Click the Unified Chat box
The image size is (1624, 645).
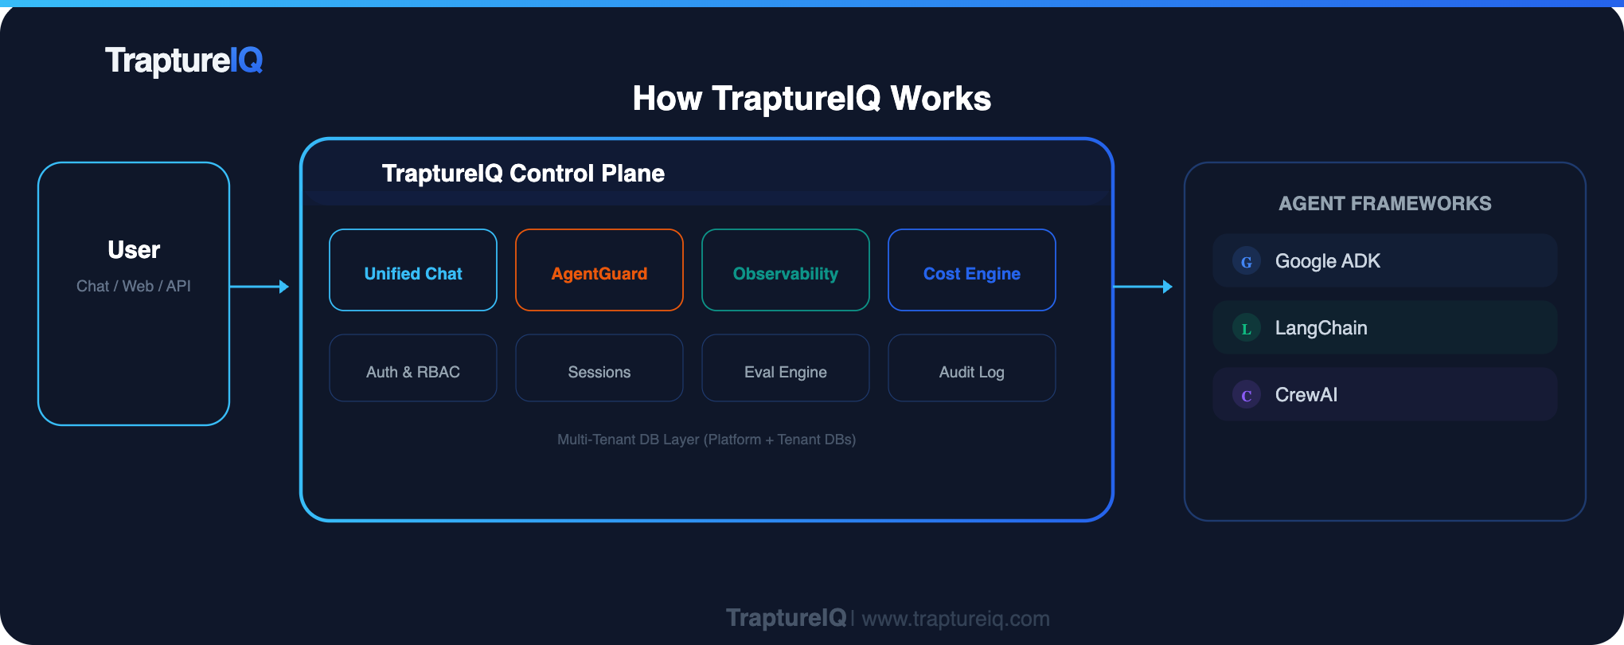[413, 271]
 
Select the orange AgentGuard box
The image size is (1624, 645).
[599, 271]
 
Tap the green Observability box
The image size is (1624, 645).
[786, 271]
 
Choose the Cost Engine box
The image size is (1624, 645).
[972, 271]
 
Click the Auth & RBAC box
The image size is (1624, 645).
[413, 369]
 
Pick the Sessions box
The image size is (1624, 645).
[599, 369]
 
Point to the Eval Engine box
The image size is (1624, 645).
[786, 369]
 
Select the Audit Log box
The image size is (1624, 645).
[972, 369]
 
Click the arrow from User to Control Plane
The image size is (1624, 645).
[260, 287]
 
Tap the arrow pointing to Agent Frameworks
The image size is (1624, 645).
[1143, 287]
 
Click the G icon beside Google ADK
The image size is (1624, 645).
[1247, 261]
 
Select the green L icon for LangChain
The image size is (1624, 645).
[1247, 328]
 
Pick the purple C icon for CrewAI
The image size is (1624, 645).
[1247, 395]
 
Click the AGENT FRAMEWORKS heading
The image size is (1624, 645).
[1384, 204]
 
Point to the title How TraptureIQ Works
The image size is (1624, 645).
[811, 99]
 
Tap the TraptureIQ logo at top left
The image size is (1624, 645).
[184, 61]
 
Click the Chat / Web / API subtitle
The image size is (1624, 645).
[134, 286]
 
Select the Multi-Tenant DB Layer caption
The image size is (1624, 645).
[706, 440]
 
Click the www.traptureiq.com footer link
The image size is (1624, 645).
[955, 619]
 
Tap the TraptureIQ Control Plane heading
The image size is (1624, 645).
[523, 174]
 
